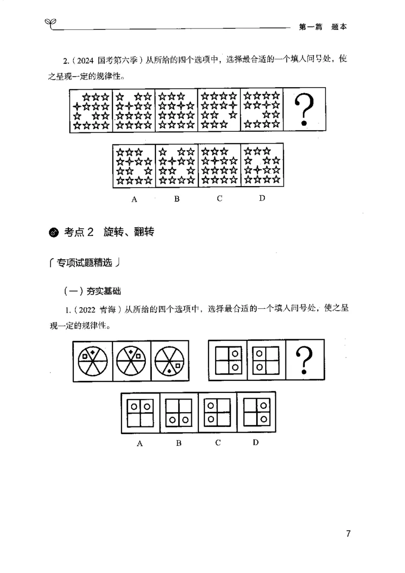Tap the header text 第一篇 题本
point(322,28)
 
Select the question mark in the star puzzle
point(303,111)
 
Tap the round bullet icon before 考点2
point(54,233)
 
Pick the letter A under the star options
point(134,199)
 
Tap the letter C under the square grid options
point(218,442)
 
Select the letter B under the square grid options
point(179,443)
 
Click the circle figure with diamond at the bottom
point(170,361)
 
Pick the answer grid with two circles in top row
point(140,413)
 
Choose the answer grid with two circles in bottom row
point(179,413)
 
